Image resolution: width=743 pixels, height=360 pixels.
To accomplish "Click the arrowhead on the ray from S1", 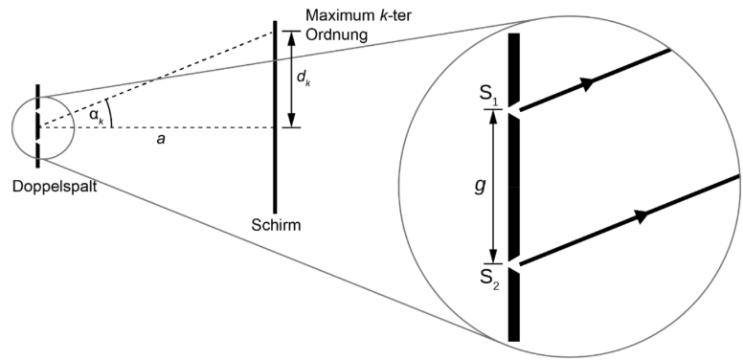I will pyautogui.click(x=585, y=82).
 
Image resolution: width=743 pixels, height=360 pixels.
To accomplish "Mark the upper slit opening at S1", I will pyautogui.click(x=514, y=111).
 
